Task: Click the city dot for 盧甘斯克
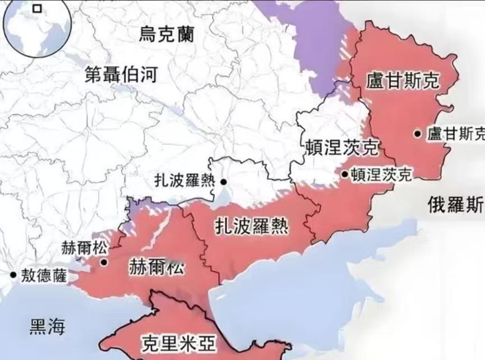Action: (418, 133)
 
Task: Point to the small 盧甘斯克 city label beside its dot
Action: (455, 133)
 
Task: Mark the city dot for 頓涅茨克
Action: (344, 174)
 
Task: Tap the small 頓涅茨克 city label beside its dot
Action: (381, 174)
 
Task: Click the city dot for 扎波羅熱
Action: (223, 182)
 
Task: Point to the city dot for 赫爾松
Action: (104, 262)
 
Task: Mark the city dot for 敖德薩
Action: (12, 275)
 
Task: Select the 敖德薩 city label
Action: (43, 275)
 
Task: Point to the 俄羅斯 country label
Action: (455, 205)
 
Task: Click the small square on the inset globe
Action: (37, 8)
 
